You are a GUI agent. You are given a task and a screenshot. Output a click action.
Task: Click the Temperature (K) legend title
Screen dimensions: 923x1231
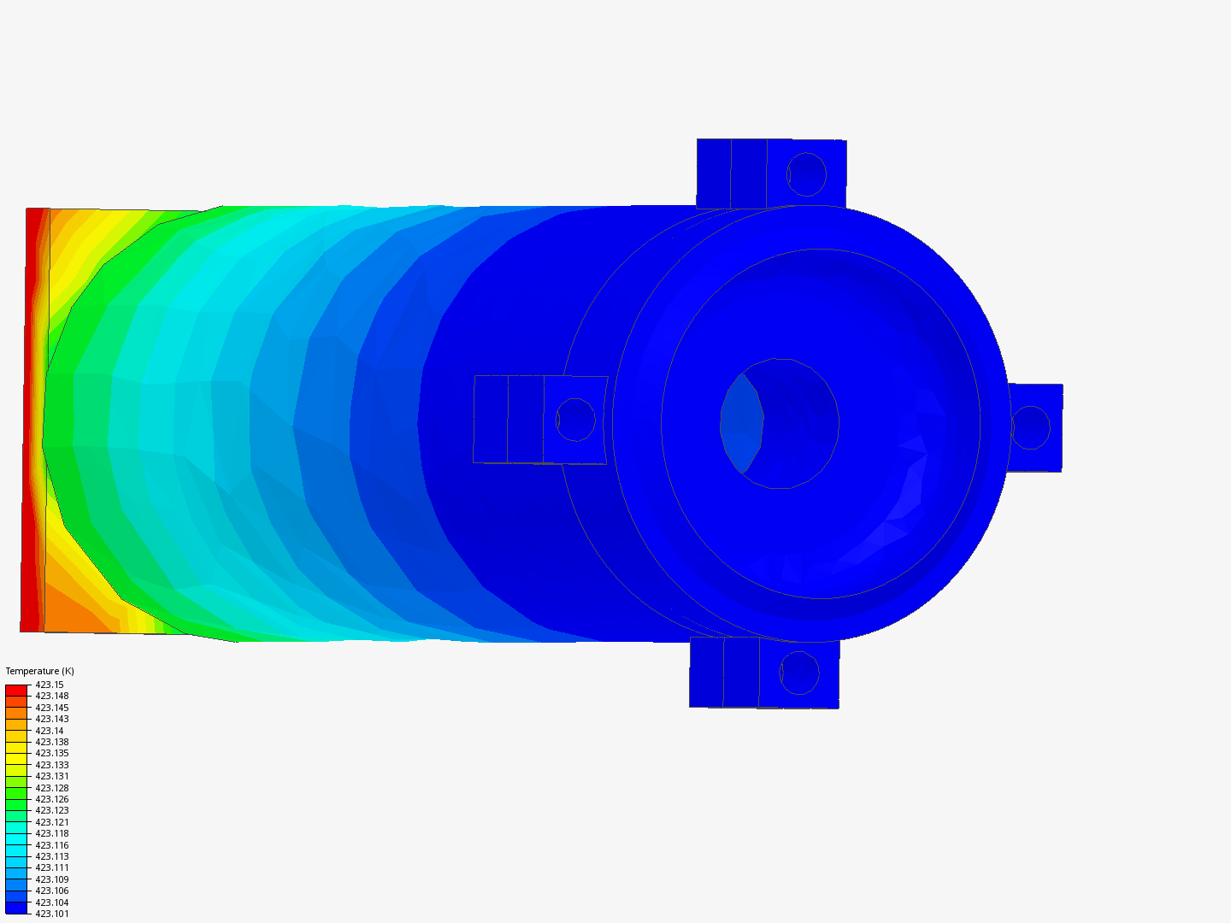coord(39,671)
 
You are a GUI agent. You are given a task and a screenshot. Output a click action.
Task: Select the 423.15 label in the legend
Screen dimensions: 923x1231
coord(50,685)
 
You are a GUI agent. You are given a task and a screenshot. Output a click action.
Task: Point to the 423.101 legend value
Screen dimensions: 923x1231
coord(52,914)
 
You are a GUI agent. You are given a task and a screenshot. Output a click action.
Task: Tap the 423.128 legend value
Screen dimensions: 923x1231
coord(52,788)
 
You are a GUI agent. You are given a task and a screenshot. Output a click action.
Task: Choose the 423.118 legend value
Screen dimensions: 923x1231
coord(52,833)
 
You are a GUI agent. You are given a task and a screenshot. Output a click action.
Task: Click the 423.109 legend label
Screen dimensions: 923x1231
coord(52,879)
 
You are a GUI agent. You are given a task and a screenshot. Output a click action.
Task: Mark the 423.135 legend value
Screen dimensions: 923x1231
coord(52,753)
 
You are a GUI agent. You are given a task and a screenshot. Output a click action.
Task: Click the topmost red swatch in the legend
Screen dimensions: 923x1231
coord(16,690)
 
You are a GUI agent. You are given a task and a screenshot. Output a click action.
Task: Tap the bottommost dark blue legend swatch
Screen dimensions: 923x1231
coord(16,908)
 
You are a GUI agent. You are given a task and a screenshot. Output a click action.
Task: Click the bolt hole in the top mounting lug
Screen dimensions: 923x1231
coord(806,174)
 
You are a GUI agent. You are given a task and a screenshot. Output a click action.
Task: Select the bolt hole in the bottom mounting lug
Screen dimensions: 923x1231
coord(799,673)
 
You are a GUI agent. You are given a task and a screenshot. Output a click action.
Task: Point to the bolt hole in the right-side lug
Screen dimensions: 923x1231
coord(1029,427)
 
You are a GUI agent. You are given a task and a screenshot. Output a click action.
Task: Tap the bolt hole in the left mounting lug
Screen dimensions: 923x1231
coord(575,420)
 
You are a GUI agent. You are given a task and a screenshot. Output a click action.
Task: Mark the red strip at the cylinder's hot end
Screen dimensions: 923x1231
coord(32,419)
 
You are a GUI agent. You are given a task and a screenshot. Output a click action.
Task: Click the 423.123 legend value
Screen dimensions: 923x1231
coord(52,810)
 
